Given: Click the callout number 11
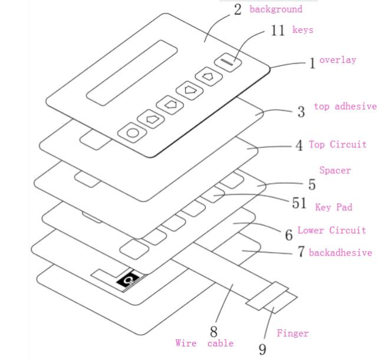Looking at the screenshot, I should pos(278,30).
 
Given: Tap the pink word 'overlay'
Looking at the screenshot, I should pos(338,60).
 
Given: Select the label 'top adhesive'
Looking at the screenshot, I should pos(345,107).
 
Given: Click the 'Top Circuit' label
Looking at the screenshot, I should pos(338,144).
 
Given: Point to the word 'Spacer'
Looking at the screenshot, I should pos(335,170).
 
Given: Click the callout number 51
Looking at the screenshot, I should pos(299,203).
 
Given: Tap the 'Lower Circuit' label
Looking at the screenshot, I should pos(331,230).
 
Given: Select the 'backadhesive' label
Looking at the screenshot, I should pos(340,253).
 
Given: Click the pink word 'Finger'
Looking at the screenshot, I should pos(292,333).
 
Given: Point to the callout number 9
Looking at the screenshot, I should pos(262,348).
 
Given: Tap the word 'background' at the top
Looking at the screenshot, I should pos(276,9).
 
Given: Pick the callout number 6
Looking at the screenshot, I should pos(289,235).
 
